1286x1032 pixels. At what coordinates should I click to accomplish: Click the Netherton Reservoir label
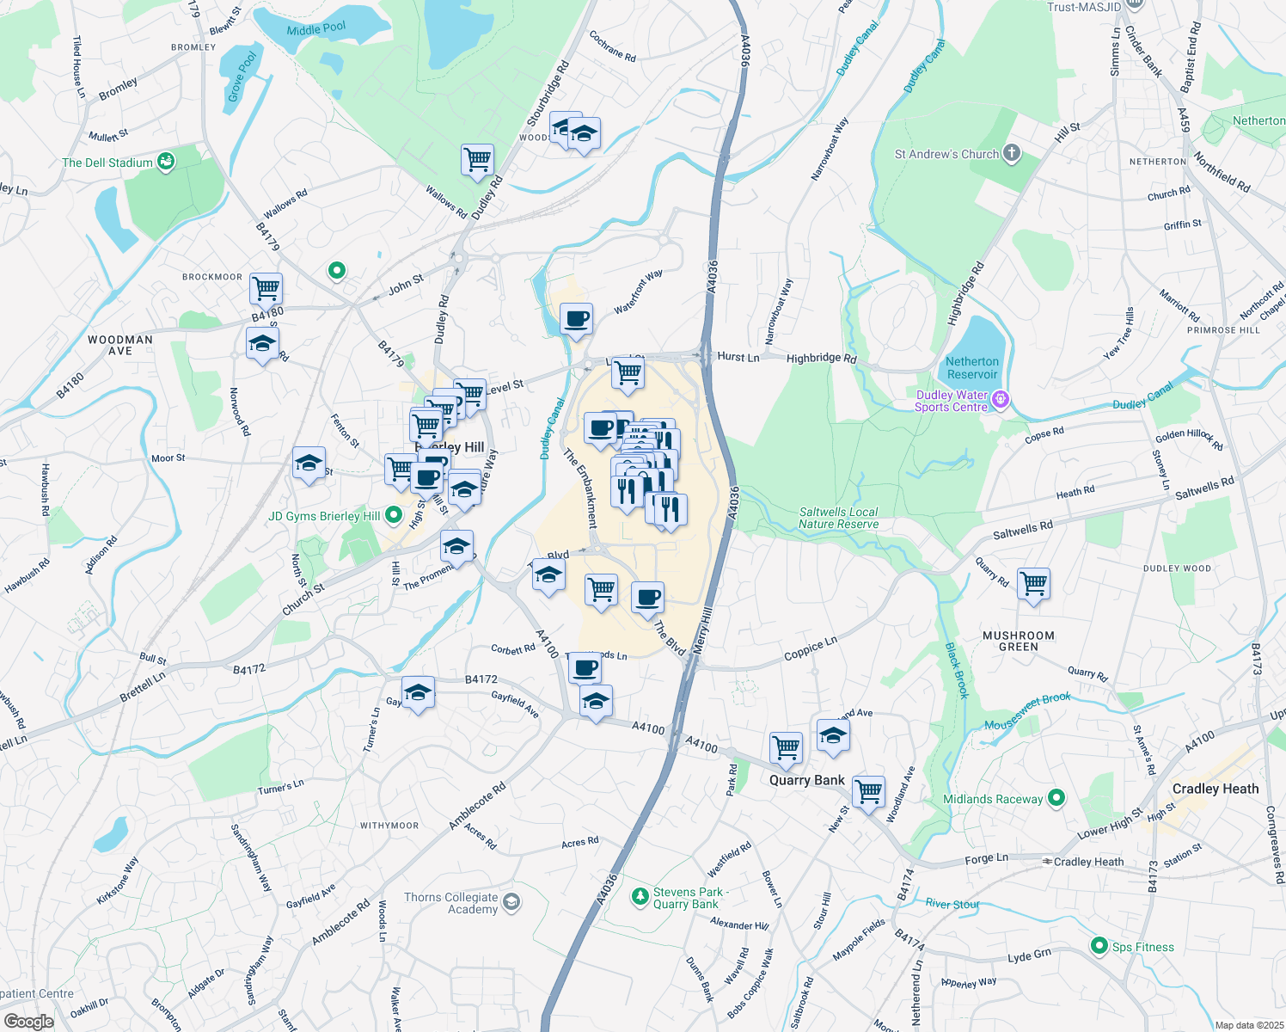(x=972, y=368)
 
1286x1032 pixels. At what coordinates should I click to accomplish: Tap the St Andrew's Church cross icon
(x=1012, y=153)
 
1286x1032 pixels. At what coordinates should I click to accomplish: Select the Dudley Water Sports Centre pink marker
(x=1000, y=400)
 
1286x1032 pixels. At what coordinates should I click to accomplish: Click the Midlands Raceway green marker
(x=1056, y=798)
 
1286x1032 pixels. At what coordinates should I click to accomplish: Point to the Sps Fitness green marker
(x=1099, y=946)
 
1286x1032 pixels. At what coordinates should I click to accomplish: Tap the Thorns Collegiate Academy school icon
(x=511, y=901)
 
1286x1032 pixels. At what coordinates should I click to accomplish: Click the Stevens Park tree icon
(x=640, y=897)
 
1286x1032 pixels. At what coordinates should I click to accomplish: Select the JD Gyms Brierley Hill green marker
(x=394, y=515)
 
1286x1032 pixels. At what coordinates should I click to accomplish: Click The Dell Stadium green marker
(x=167, y=161)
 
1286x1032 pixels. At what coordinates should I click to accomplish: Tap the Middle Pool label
(x=316, y=29)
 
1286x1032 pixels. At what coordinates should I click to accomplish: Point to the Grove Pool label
(x=242, y=77)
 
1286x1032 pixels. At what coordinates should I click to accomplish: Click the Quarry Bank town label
(x=806, y=780)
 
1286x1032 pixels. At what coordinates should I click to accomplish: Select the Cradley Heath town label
(x=1215, y=789)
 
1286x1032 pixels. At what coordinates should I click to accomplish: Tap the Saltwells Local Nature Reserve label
(x=838, y=518)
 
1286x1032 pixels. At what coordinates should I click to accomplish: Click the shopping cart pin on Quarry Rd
(x=1034, y=584)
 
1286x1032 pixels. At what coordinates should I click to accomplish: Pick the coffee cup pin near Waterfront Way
(x=577, y=319)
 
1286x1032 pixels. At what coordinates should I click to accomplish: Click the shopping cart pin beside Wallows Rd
(x=477, y=159)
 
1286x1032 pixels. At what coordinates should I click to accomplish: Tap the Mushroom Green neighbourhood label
(x=1018, y=641)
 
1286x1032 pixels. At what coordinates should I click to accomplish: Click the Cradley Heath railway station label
(x=1088, y=862)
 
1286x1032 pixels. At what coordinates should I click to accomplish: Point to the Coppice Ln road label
(x=810, y=648)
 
